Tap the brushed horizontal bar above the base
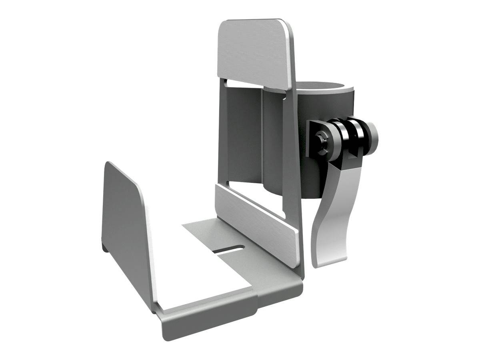[x=256, y=222]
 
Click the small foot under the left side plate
[x=105, y=246]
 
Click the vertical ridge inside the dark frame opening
[x=262, y=136]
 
